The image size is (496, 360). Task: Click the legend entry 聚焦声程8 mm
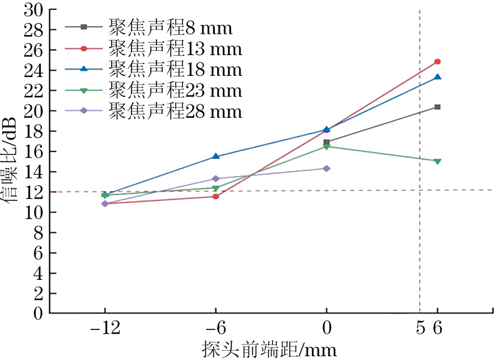[170, 28]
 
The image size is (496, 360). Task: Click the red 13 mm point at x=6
[437, 61]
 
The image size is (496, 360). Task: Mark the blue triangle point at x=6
[437, 77]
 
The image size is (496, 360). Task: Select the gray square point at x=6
[437, 107]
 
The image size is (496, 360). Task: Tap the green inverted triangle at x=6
[437, 161]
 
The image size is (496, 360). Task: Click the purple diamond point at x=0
[326, 168]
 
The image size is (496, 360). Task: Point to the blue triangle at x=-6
[216, 157]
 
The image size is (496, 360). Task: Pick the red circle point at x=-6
[216, 197]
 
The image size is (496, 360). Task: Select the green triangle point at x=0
[326, 147]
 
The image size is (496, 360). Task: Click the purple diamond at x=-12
[105, 203]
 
